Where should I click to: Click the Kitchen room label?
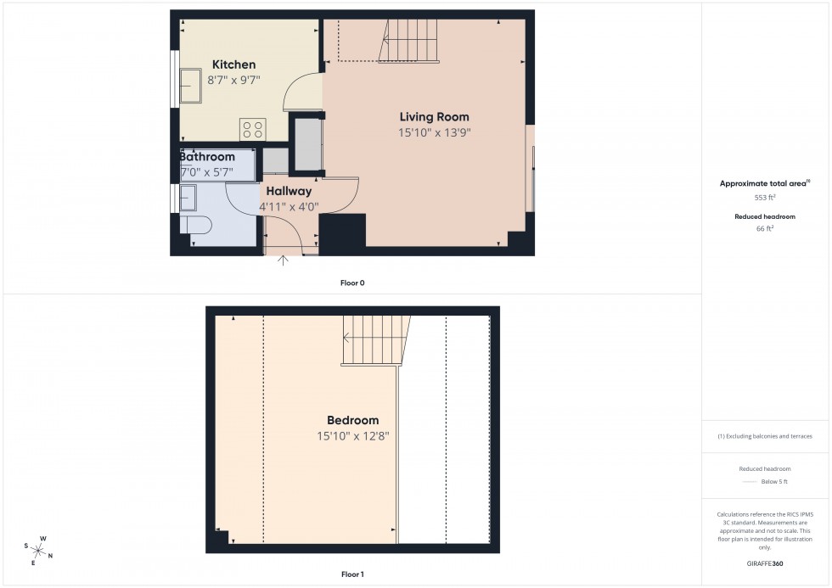coord(233,65)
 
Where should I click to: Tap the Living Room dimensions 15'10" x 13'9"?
coord(434,132)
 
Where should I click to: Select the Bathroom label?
coord(207,157)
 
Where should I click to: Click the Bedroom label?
coord(352,420)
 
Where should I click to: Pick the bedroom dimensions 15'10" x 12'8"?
coord(352,436)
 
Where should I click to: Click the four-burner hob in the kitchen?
coord(252,129)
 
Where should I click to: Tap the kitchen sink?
coord(190,84)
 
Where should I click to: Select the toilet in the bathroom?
coord(195,226)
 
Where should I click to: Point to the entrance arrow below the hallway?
coord(284,260)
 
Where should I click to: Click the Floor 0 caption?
coord(351,283)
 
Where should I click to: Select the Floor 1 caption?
coord(351,574)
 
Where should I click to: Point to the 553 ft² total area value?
coord(765,197)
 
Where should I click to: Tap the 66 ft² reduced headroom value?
coord(765,228)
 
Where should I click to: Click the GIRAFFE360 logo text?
coord(765,563)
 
